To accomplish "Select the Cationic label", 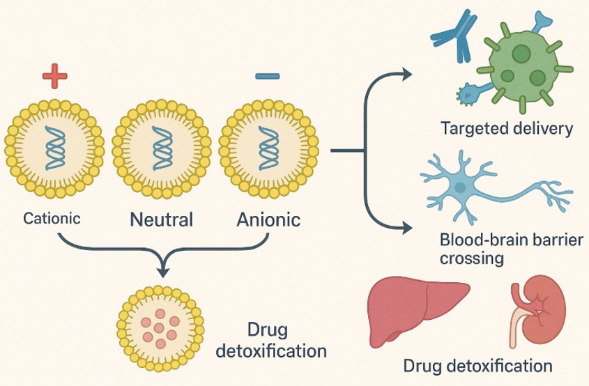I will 52,218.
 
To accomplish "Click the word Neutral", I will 161,220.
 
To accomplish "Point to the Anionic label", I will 268,220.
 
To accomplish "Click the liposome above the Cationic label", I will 54,149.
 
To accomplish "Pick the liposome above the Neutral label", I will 161,149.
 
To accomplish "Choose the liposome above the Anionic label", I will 268,149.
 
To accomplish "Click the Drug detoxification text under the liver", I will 478,365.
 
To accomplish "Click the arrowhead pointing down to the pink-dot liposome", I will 163,270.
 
